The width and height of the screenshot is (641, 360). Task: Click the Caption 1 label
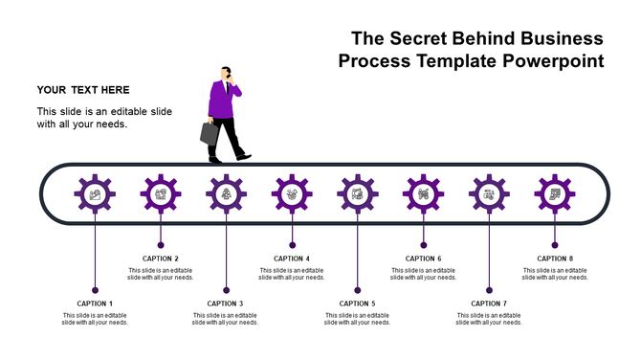(x=95, y=304)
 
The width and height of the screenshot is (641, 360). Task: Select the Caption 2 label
(x=161, y=259)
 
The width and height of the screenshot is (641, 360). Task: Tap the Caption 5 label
(x=358, y=304)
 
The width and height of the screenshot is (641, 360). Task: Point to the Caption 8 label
(x=555, y=259)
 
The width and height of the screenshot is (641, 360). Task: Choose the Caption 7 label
(x=489, y=304)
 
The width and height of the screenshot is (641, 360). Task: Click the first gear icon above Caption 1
(x=95, y=194)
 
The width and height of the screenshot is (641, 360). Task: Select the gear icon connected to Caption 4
(x=292, y=194)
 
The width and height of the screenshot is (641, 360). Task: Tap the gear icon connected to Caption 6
(x=423, y=194)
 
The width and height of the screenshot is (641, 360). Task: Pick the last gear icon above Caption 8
(x=555, y=194)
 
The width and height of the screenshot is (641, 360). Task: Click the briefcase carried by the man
(x=210, y=132)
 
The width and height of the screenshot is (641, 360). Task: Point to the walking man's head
(x=227, y=74)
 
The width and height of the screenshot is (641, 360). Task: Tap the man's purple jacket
(x=222, y=101)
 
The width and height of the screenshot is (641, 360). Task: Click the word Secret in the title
(x=429, y=39)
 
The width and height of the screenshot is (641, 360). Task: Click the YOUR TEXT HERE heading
(x=83, y=90)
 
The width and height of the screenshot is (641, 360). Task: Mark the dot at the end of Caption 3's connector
(x=227, y=290)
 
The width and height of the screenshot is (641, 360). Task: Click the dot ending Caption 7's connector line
(x=489, y=290)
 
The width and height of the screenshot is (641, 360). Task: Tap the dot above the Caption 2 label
(x=161, y=245)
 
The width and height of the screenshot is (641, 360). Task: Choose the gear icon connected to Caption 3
(x=227, y=194)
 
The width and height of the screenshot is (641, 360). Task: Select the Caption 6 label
(x=423, y=259)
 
